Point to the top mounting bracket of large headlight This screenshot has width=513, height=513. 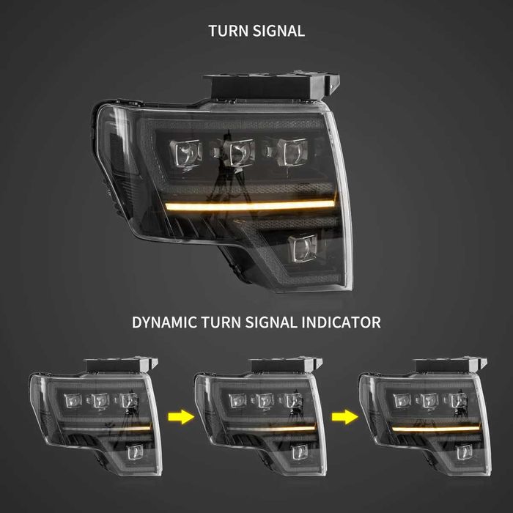[x=271, y=85]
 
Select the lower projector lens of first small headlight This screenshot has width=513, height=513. [x=135, y=451]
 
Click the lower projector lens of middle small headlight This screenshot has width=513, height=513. [x=300, y=451]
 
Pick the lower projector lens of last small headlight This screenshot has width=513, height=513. [x=464, y=451]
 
